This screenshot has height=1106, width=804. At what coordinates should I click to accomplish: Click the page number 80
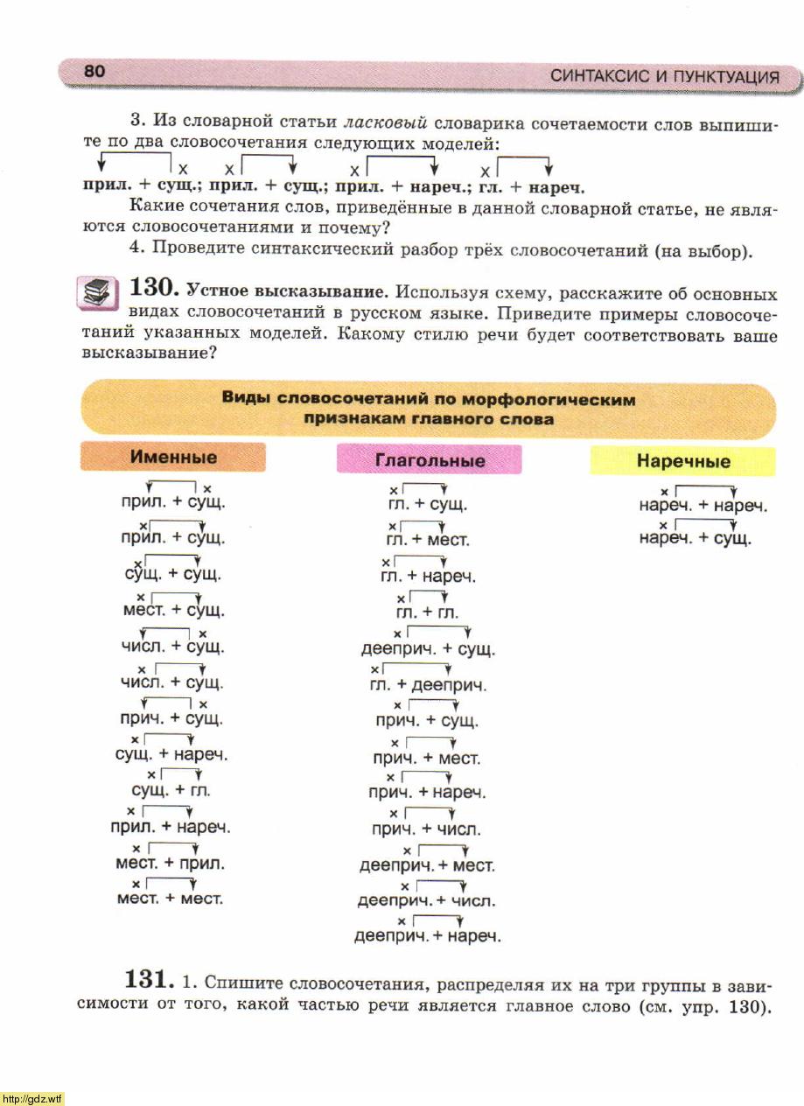tap(94, 72)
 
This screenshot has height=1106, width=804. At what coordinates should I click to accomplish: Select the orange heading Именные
tap(173, 457)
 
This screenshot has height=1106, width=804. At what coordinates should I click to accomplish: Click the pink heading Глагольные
tap(429, 459)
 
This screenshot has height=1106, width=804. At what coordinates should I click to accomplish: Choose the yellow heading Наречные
tap(682, 460)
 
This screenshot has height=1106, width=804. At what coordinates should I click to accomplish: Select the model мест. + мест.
tap(170, 899)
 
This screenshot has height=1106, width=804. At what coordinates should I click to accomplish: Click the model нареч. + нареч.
tap(703, 505)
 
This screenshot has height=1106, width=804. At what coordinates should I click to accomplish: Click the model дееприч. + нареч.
tap(427, 936)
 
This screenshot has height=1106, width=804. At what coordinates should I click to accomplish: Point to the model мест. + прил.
tap(170, 863)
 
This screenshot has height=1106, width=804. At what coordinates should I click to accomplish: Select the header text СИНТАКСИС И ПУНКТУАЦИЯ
tap(664, 77)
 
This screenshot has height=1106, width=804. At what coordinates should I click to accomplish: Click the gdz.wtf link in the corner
tap(31, 1098)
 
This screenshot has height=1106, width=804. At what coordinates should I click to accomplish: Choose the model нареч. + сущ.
tap(696, 539)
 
